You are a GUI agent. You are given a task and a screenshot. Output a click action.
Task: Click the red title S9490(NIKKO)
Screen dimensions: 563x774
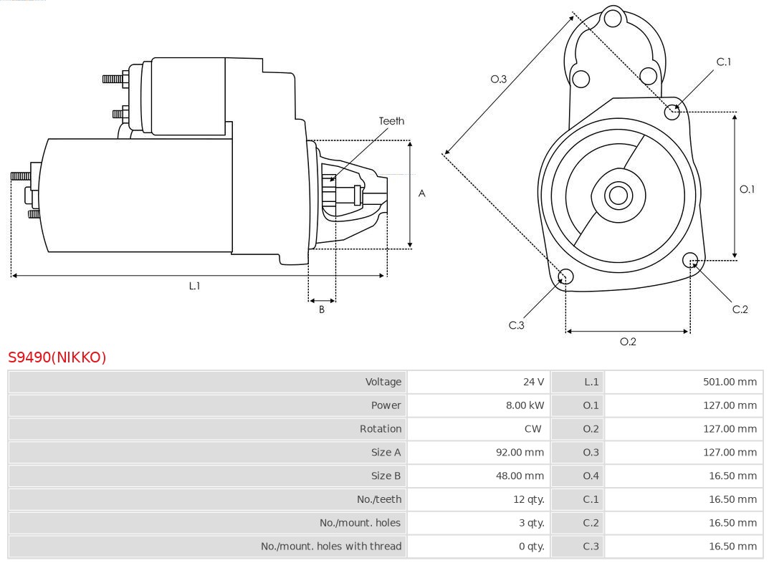pos(57,357)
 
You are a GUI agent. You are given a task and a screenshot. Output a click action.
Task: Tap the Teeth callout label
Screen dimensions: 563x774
pos(391,121)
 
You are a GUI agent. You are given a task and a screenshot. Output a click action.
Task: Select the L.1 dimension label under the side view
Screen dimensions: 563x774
pos(194,286)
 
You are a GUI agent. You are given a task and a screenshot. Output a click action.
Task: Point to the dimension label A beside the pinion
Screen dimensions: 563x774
pos(422,193)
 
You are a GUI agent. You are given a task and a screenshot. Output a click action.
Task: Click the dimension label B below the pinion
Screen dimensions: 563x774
pos(322,309)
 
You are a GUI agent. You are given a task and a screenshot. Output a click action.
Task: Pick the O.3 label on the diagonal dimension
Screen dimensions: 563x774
pos(499,79)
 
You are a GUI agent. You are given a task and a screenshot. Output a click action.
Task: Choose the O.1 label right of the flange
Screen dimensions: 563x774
pos(747,189)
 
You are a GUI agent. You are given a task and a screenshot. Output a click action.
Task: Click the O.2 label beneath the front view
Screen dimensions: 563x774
pos(628,342)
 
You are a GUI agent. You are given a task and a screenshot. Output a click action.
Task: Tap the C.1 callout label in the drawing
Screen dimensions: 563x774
pos(724,62)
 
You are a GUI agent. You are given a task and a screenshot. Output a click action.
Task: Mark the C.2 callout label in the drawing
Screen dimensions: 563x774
pos(740,309)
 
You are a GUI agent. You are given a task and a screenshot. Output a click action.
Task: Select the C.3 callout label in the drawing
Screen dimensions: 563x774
pos(517,325)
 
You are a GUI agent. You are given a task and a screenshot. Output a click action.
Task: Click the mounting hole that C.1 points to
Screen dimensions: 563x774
pos(672,111)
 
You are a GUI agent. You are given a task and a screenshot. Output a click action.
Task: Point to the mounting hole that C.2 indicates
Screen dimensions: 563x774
pos(690,259)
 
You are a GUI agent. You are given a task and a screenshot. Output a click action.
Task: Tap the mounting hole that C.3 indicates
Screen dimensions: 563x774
pos(565,276)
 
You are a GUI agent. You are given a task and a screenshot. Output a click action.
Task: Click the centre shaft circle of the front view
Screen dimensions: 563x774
pos(617,195)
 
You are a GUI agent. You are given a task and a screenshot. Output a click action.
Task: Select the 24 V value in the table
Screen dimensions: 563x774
pos(533,382)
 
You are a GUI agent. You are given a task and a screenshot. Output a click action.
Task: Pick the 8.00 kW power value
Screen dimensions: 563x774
pos(525,405)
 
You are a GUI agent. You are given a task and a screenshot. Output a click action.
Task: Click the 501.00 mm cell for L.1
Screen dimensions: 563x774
pos(730,382)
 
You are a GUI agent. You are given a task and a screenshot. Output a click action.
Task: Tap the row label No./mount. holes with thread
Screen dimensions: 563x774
pos(331,546)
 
